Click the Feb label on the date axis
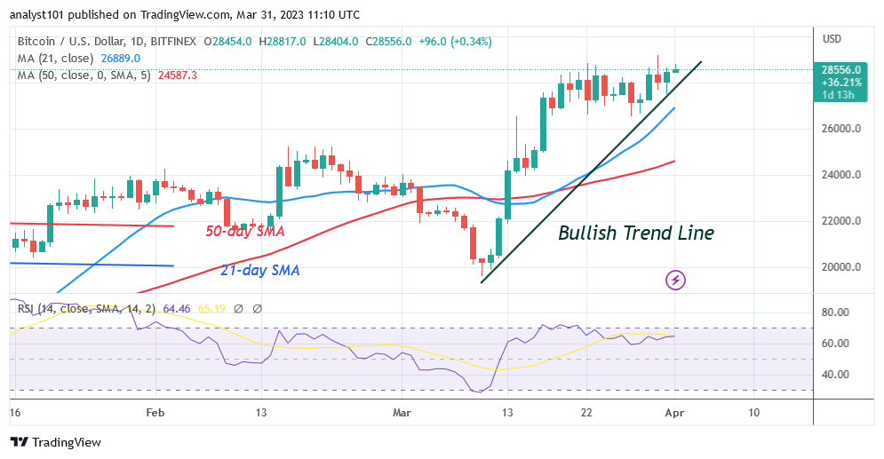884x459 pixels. (155, 413)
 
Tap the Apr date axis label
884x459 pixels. (675, 413)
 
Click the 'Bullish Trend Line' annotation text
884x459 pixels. (635, 233)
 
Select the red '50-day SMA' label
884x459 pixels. (244, 232)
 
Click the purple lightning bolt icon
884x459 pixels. (675, 281)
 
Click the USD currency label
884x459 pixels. (832, 39)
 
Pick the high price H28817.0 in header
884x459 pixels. (280, 41)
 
